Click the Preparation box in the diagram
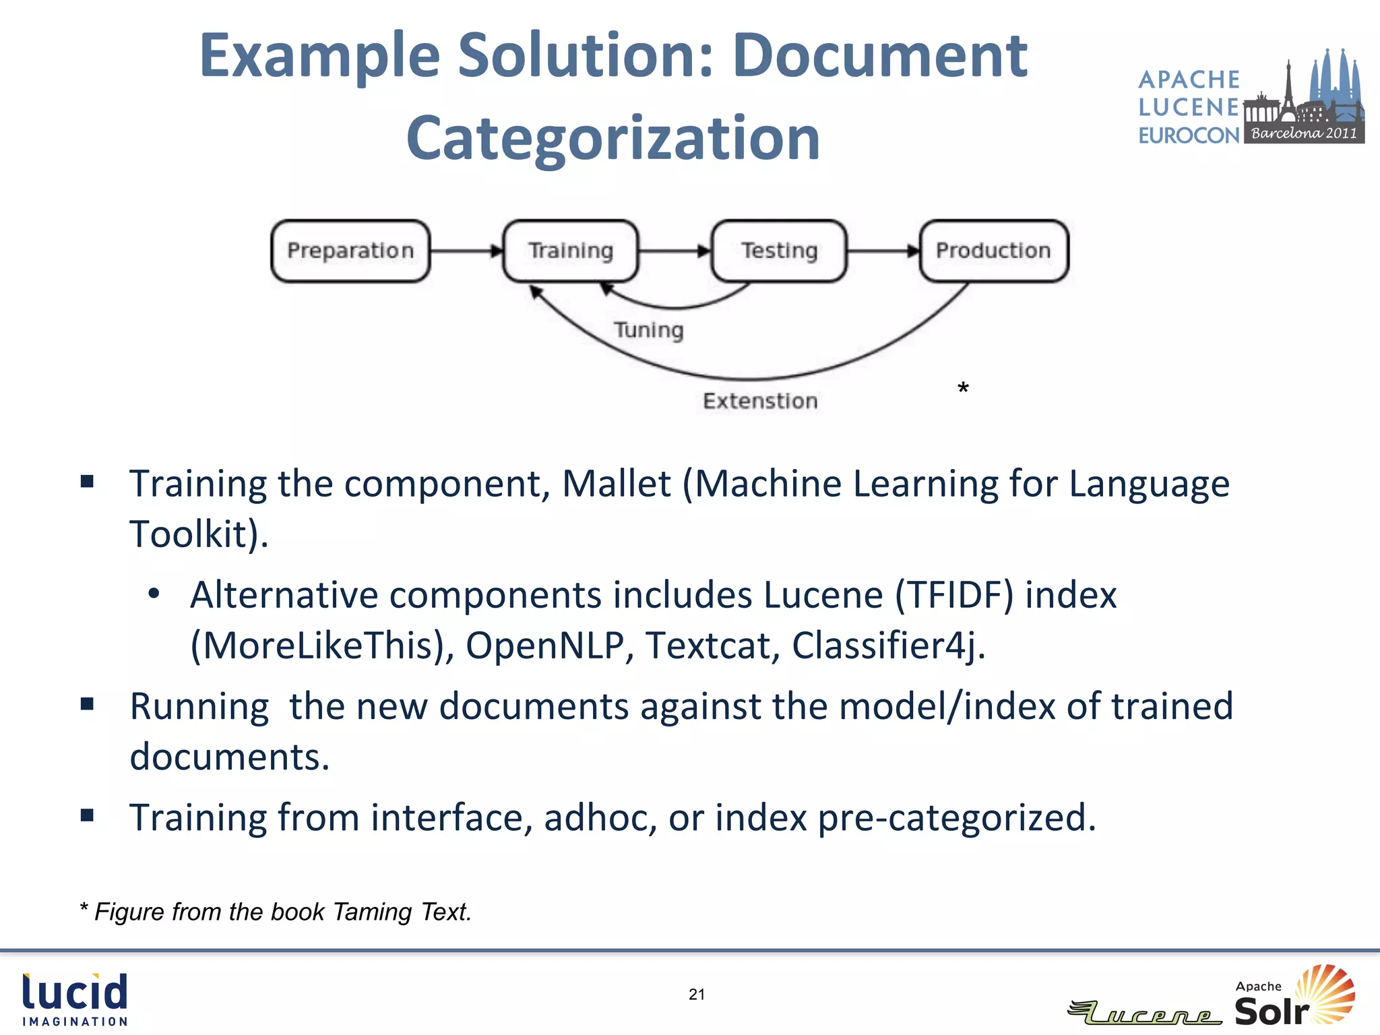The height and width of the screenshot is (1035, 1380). tap(350, 251)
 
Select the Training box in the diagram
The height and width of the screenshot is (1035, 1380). tap(571, 251)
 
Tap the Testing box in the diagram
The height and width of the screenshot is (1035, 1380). tap(779, 251)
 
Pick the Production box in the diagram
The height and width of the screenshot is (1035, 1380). tap(993, 251)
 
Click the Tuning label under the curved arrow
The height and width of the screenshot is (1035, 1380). tap(648, 330)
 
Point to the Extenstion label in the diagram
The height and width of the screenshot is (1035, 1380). tap(760, 401)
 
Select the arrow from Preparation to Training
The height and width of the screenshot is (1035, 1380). tap(466, 251)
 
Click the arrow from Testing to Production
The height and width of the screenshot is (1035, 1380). tap(883, 251)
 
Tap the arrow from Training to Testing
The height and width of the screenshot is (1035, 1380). tap(675, 251)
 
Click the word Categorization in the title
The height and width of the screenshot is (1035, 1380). tap(613, 138)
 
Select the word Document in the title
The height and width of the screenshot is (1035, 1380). tap(879, 56)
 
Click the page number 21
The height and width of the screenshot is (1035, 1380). tap(697, 994)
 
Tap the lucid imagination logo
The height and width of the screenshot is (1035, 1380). tap(75, 999)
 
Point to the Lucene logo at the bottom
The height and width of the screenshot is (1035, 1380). tap(1146, 1013)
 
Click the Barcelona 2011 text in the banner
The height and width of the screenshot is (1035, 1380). tap(1304, 133)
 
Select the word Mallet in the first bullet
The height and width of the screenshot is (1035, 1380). tap(616, 484)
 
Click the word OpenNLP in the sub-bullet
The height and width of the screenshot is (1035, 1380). tap(544, 646)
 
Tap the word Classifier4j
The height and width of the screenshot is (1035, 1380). tap(888, 646)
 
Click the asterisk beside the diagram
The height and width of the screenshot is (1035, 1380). tap(963, 389)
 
